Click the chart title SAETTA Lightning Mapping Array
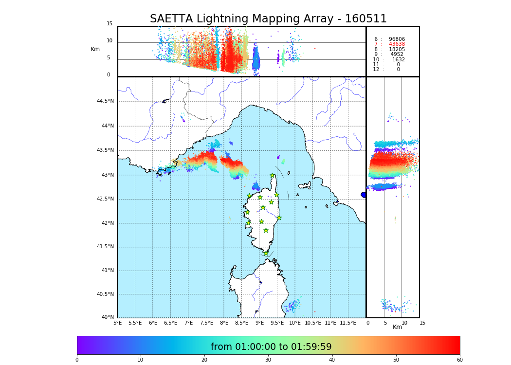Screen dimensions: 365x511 (x=268, y=19)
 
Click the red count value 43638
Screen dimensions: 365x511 (x=397, y=44)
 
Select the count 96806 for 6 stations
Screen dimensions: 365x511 (x=397, y=39)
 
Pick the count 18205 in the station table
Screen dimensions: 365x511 (x=397, y=49)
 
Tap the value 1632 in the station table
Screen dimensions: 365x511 (x=398, y=59)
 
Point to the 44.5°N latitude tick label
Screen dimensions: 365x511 (x=105, y=101)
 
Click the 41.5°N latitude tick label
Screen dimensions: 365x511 (x=105, y=247)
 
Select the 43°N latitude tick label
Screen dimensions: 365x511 (x=107, y=175)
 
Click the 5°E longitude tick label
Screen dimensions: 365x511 (x=118, y=323)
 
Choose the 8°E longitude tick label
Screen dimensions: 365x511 (x=224, y=323)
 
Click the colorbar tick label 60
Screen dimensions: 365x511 (x=459, y=360)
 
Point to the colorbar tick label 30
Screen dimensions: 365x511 (x=268, y=360)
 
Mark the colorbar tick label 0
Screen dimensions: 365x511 (x=77, y=360)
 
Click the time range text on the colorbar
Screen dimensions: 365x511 (x=271, y=347)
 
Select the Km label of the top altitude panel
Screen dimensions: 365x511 (x=95, y=49)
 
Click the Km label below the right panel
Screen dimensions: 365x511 (x=397, y=327)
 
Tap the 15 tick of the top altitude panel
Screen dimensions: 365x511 (x=109, y=24)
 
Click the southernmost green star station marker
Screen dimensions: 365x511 (x=266, y=253)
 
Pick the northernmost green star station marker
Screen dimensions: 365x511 (x=273, y=176)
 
